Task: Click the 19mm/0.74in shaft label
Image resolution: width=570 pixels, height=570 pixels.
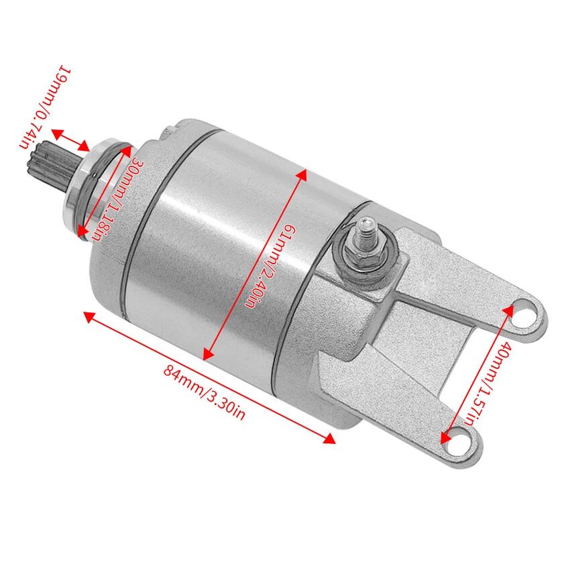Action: [44, 107]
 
